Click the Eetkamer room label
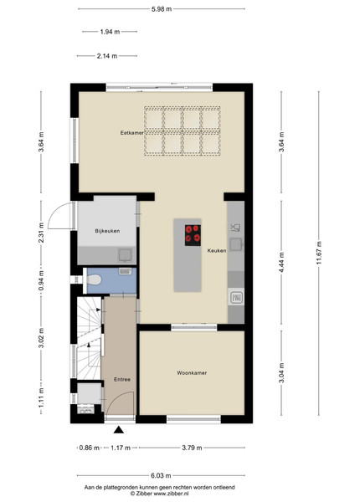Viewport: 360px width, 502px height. click(132, 132)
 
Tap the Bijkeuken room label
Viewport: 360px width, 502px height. click(107, 231)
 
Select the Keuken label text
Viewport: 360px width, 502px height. click(217, 251)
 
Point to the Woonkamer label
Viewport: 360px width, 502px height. click(192, 373)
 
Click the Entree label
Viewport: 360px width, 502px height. click(122, 379)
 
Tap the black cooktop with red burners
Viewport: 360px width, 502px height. click(193, 235)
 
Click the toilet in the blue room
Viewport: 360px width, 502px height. click(94, 280)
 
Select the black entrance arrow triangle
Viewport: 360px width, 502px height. click(119, 430)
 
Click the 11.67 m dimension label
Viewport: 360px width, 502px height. click(319, 253)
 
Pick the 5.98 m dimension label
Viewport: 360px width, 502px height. click(162, 9)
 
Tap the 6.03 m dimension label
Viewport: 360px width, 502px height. click(161, 476)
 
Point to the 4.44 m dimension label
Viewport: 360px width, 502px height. click(281, 263)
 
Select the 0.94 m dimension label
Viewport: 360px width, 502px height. click(41, 281)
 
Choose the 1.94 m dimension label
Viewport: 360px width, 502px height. click(110, 32)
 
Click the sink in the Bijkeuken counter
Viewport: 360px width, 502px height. click(125, 255)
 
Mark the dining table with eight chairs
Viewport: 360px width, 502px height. click(183, 131)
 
